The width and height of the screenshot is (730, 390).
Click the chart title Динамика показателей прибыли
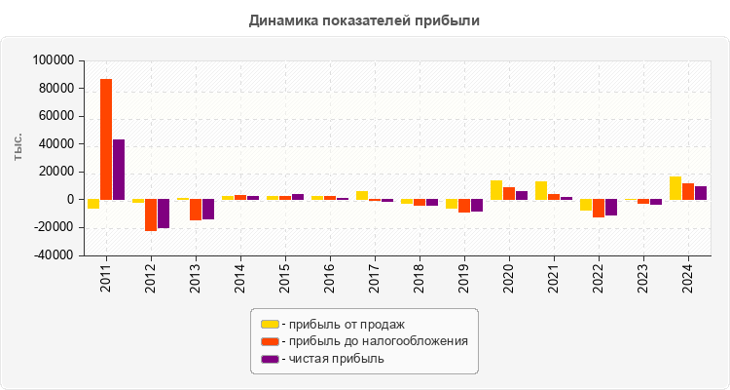click(x=364, y=19)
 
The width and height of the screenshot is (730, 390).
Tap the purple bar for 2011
click(x=119, y=170)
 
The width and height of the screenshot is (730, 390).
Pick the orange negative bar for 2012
click(x=151, y=214)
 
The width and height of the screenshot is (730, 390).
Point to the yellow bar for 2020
click(x=496, y=190)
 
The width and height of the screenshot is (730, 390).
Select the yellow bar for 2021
click(x=541, y=190)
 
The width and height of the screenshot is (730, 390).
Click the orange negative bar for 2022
click(x=599, y=208)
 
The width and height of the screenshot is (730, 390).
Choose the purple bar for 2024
click(x=701, y=193)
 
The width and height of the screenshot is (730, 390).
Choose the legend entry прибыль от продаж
click(x=342, y=324)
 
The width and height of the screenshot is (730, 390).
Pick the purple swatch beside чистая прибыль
click(x=269, y=359)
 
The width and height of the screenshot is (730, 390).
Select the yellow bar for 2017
click(x=362, y=195)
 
